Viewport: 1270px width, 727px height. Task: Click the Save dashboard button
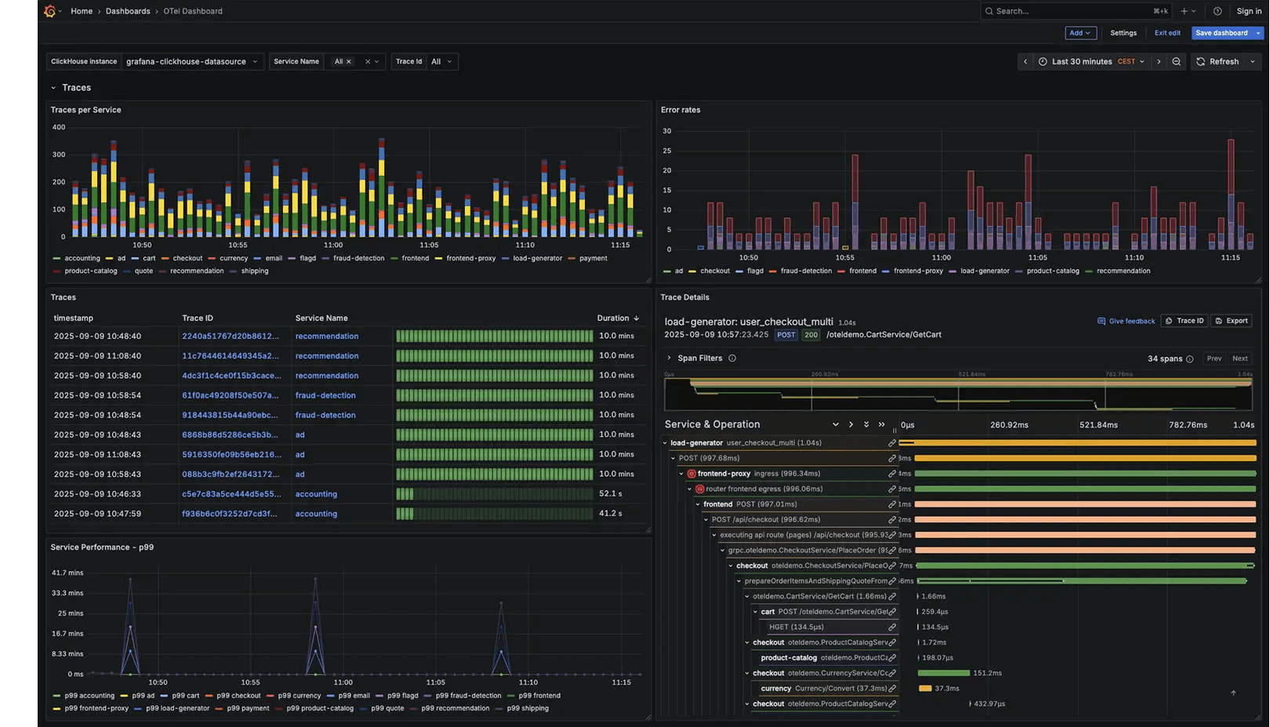[1221, 33]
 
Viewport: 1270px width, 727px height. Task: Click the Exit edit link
[1167, 33]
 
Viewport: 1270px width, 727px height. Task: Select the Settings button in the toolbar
[1123, 33]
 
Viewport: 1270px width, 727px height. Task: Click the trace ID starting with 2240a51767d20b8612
[230, 336]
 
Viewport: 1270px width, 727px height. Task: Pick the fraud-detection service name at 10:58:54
[325, 395]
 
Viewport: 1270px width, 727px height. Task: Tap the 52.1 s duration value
[610, 494]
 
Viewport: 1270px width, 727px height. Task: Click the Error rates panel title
[680, 110]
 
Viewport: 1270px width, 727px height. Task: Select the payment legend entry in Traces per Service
[593, 258]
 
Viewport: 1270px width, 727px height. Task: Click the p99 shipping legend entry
[528, 708]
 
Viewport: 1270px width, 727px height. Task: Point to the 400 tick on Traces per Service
[59, 127]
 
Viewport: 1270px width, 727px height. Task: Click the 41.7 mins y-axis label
[67, 573]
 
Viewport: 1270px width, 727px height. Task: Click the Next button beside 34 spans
[1239, 358]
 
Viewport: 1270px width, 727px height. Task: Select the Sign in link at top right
[1249, 11]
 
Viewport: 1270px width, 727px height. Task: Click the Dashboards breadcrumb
[128, 11]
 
